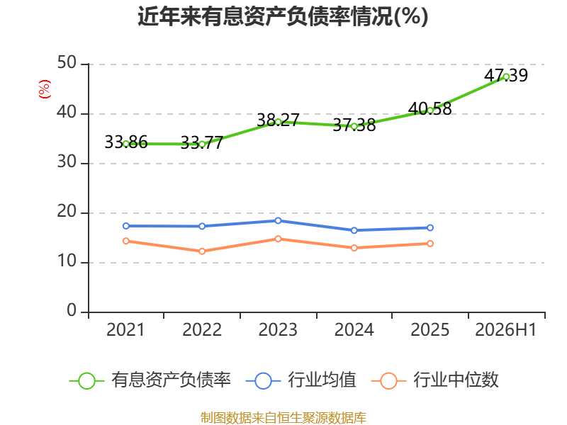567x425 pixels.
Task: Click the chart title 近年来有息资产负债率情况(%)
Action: pyautogui.click(x=283, y=16)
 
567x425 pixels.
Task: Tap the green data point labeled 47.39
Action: pyautogui.click(x=506, y=76)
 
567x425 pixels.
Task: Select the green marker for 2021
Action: pyautogui.click(x=126, y=144)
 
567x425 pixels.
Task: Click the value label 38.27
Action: pyautogui.click(x=278, y=120)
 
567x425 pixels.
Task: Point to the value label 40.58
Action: pyautogui.click(x=430, y=108)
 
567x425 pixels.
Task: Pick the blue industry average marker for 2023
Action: pyautogui.click(x=278, y=220)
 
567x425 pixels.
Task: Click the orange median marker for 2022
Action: pyautogui.click(x=202, y=251)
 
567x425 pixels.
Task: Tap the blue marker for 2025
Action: pyautogui.click(x=430, y=227)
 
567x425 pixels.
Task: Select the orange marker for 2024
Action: pyautogui.click(x=354, y=248)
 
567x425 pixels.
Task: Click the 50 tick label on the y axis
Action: pyautogui.click(x=67, y=63)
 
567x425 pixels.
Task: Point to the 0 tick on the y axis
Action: pyautogui.click(x=72, y=310)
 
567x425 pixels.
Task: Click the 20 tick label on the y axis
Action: pyautogui.click(x=67, y=211)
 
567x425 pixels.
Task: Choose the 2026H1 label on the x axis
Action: pyautogui.click(x=505, y=329)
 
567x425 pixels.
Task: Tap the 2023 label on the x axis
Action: pyautogui.click(x=278, y=329)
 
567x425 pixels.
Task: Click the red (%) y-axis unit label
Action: pyautogui.click(x=45, y=89)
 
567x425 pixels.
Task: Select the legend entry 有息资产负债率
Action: pyautogui.click(x=150, y=380)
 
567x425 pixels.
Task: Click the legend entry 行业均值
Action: pyautogui.click(x=301, y=380)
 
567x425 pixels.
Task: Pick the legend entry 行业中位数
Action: pyautogui.click(x=435, y=380)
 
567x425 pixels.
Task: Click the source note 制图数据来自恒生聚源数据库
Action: pyautogui.click(x=283, y=418)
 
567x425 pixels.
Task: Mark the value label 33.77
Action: pyautogui.click(x=202, y=143)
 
